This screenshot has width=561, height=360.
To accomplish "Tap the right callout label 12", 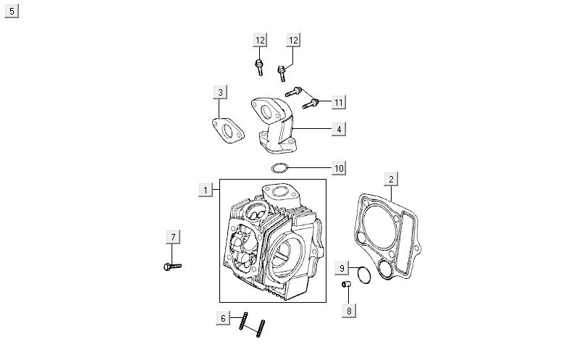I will tap(292, 40).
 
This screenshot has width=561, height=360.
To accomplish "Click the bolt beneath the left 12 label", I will tap(258, 68).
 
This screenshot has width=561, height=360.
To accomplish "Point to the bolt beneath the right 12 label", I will tap(282, 73).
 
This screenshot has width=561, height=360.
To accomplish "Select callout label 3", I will tap(221, 92).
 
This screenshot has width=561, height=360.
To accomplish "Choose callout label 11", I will tap(338, 103).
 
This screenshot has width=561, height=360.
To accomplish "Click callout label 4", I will tap(338, 130).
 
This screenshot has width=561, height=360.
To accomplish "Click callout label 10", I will tap(338, 169).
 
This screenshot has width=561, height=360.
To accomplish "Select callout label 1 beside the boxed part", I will tap(206, 190).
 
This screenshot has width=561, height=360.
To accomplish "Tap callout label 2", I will tap(391, 179).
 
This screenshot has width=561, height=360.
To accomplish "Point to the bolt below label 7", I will tap(172, 266).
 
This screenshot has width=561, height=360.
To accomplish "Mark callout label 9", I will tap(343, 269).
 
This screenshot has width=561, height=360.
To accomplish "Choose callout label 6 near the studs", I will tap(224, 318).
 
